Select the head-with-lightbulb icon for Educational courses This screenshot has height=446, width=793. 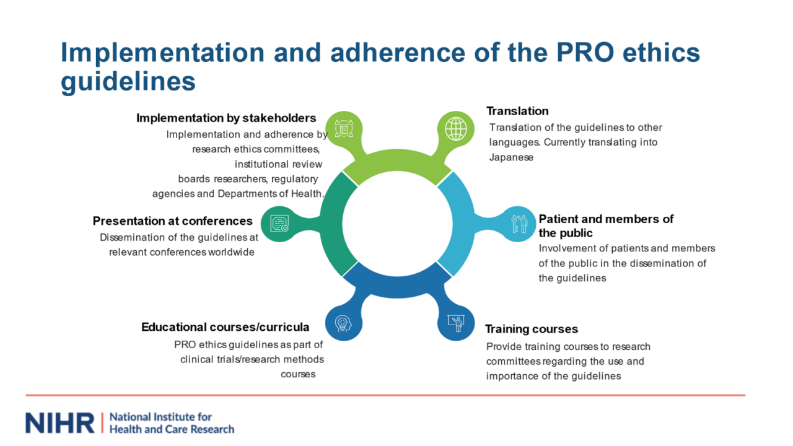(x=342, y=323)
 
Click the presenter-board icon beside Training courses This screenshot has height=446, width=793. (x=456, y=323)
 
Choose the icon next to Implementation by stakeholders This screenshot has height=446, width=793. (x=343, y=129)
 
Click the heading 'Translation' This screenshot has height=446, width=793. (x=517, y=111)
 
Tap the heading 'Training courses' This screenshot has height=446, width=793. (x=531, y=329)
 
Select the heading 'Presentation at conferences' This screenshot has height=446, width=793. (x=173, y=221)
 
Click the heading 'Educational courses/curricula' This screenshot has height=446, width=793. (x=225, y=327)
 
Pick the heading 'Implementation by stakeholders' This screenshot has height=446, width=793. (x=226, y=118)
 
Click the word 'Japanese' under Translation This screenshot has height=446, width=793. (x=511, y=157)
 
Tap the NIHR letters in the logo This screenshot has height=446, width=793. (x=60, y=422)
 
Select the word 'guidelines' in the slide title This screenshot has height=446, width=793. (x=128, y=82)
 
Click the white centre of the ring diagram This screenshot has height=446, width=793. (x=396, y=224)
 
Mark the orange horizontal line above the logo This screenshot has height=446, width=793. (x=385, y=395)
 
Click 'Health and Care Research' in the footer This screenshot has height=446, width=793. (x=172, y=429)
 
